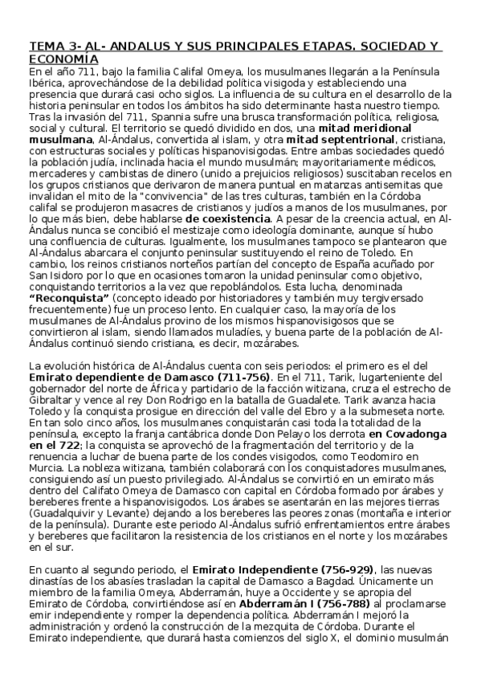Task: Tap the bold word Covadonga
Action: (404, 433)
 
